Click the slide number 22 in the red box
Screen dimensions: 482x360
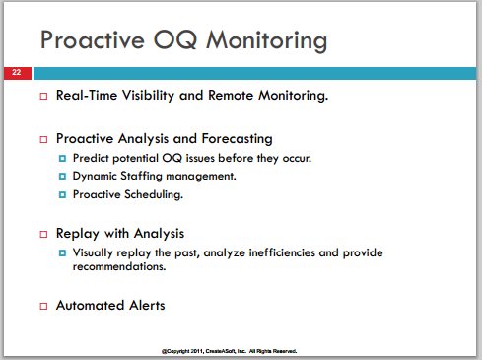16,72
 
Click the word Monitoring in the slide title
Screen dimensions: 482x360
267,40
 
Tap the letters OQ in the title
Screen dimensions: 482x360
175,40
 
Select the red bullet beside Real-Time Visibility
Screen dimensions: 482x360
43,96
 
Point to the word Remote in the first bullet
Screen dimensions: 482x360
231,95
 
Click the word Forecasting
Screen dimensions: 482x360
237,139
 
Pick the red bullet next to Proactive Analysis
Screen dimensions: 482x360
43,139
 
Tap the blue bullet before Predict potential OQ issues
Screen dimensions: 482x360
62,159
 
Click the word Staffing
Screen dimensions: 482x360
141,176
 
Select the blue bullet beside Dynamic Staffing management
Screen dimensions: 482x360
62,177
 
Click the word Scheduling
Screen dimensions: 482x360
154,194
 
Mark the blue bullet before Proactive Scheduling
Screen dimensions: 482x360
62,194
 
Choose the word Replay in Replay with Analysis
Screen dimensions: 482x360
78,234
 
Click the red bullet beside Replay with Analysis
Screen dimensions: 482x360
43,234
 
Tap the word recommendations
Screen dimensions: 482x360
119,266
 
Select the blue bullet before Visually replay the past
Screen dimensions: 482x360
62,252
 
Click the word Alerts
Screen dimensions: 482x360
147,305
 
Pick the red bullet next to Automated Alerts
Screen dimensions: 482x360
43,306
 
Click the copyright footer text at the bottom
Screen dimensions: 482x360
229,351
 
